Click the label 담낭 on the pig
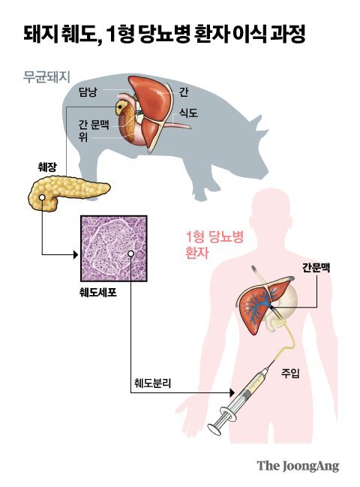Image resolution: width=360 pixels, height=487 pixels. pyautogui.click(x=88, y=92)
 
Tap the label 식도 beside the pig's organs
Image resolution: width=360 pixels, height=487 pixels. pyautogui.click(x=188, y=113)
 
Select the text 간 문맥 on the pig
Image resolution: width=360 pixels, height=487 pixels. pyautogui.click(x=94, y=125)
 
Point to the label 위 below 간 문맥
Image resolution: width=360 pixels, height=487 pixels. pyautogui.click(x=83, y=137)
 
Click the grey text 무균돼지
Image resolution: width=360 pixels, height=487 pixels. pyautogui.click(x=46, y=77)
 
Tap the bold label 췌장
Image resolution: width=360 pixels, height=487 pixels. pyautogui.click(x=47, y=167)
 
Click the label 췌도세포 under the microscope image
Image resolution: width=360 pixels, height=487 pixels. pyautogui.click(x=98, y=292)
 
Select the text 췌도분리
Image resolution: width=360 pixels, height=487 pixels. pyautogui.click(x=153, y=383)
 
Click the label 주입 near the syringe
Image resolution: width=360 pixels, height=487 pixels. pyautogui.click(x=290, y=373)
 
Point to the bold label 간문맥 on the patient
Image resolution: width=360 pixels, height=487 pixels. pyautogui.click(x=316, y=267)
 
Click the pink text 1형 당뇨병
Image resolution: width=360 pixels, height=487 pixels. pyautogui.click(x=214, y=237)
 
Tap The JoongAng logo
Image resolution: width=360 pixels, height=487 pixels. pyautogui.click(x=298, y=466)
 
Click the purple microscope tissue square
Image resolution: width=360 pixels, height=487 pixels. pyautogui.click(x=113, y=248)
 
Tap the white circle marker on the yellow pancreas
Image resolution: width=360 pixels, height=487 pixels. pyautogui.click(x=41, y=197)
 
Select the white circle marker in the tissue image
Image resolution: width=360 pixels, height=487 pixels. pyautogui.click(x=131, y=254)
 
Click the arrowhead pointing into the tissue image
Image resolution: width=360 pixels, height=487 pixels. pyautogui.click(x=76, y=255)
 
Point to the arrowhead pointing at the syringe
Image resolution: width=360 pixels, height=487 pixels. pyautogui.click(x=232, y=393)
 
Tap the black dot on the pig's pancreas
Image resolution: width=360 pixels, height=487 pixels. pyautogui.click(x=119, y=107)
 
